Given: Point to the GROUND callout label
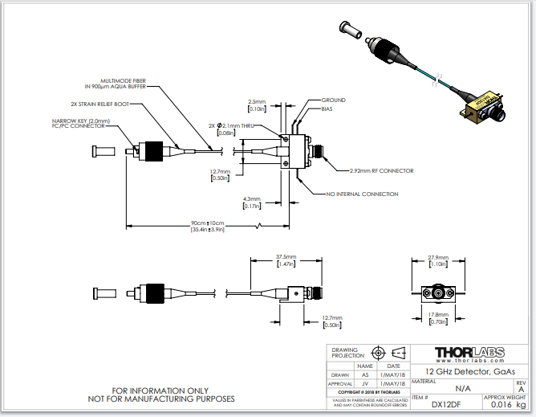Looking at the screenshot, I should tap(333, 100).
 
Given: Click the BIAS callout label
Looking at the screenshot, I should tap(327, 108).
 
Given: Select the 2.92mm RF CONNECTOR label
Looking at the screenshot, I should tap(381, 170).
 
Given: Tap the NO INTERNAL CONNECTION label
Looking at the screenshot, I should tap(361, 194).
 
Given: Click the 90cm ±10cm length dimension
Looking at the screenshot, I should tap(207, 223).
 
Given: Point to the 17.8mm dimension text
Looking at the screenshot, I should tap(437, 314).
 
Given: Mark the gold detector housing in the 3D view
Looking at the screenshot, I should tap(480, 105).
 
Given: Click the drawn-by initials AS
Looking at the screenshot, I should tap(365, 374).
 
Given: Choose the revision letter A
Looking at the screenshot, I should tap(521, 388).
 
